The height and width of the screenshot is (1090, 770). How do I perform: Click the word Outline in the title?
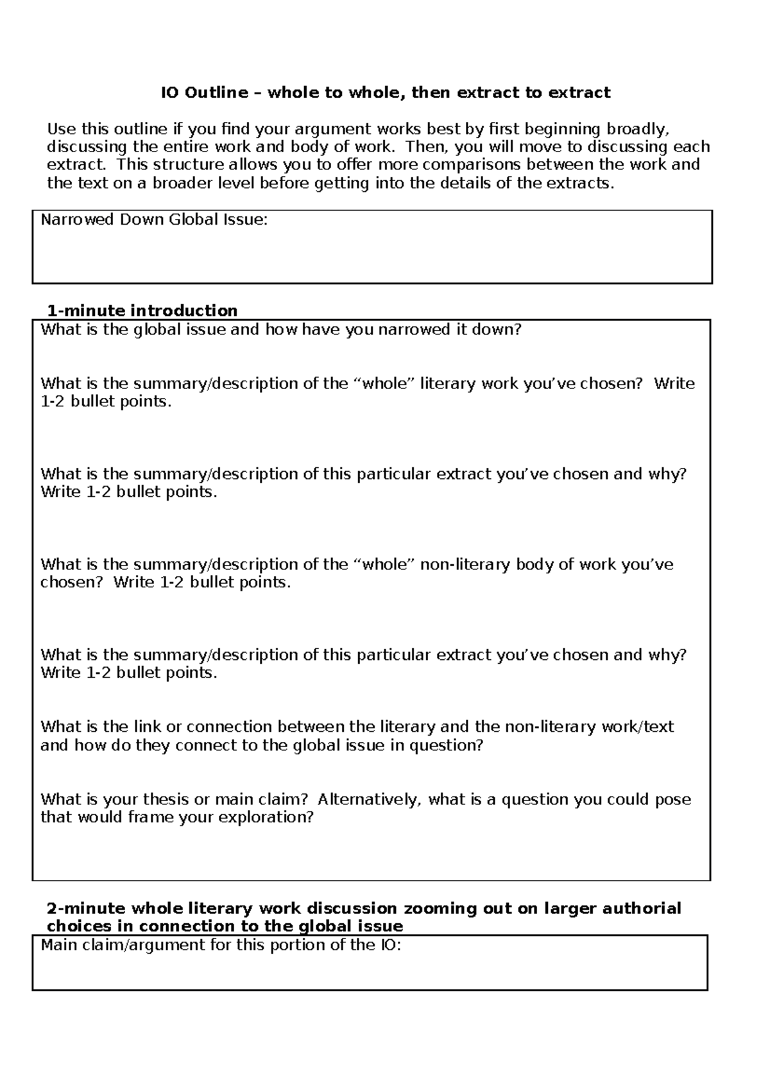(x=216, y=93)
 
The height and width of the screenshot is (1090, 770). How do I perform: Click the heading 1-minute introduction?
(x=142, y=311)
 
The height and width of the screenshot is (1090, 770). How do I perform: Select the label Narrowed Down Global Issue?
(x=154, y=220)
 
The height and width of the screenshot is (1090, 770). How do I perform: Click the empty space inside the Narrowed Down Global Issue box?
(x=372, y=257)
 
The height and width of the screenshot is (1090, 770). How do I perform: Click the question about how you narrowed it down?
(x=281, y=330)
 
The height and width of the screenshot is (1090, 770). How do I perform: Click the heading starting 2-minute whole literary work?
(x=363, y=909)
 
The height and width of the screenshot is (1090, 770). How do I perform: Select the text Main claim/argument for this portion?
(x=220, y=945)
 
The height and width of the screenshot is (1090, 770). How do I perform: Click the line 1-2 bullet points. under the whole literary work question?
(x=107, y=402)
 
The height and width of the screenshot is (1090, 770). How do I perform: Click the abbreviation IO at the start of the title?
(x=170, y=93)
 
